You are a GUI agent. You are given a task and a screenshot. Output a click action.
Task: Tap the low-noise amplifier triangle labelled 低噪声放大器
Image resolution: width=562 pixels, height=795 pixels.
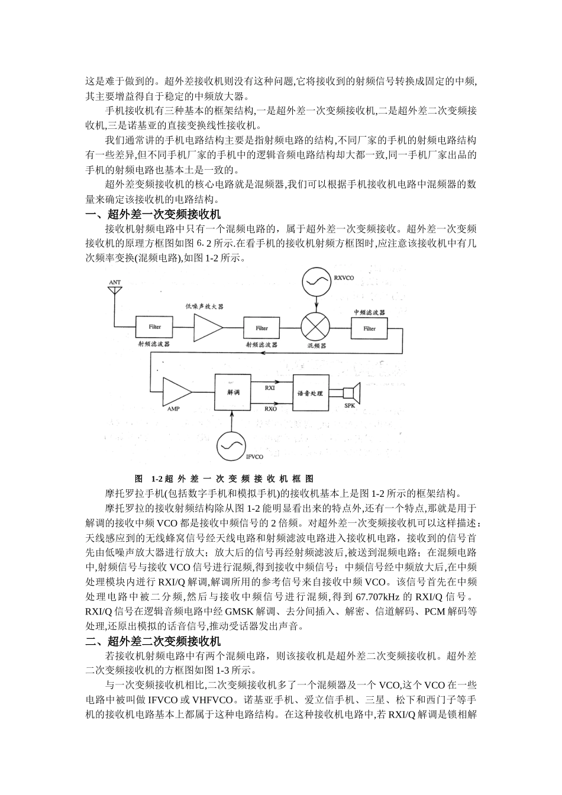(x=208, y=327)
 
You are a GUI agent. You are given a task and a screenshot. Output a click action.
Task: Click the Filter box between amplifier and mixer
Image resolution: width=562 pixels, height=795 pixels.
(x=261, y=328)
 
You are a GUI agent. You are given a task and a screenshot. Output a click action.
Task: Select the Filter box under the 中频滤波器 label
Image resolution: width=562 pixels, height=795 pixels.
(x=369, y=328)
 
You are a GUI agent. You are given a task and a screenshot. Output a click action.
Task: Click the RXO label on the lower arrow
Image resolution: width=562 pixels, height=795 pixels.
(x=270, y=408)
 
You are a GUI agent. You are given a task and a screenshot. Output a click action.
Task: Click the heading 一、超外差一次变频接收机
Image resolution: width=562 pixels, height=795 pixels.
(x=153, y=214)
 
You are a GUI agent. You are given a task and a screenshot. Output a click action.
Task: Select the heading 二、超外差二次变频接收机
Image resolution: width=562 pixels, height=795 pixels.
(x=153, y=641)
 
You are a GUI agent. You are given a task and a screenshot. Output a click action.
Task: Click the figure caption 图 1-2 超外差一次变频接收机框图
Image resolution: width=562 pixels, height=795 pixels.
(x=224, y=479)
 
